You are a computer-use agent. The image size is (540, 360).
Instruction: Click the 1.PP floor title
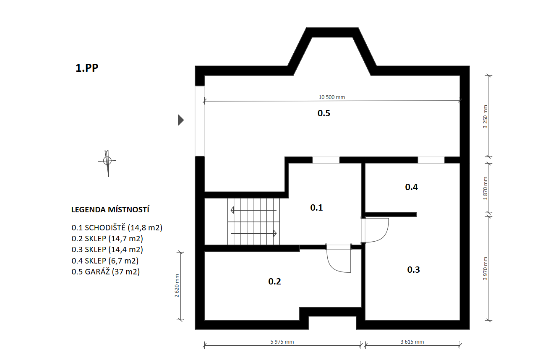coord(87,68)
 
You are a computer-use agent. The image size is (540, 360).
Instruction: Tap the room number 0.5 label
coord(324,113)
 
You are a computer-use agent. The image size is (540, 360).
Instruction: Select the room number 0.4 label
coord(412,187)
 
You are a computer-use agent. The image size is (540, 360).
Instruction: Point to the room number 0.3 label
coord(413,269)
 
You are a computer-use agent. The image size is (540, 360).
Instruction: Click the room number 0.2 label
coord(274,282)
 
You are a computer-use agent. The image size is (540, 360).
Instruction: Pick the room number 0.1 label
coord(316,207)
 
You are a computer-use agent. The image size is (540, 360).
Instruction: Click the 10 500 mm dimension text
coord(332,97)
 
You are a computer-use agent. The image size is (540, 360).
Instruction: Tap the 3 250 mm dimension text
coord(485,117)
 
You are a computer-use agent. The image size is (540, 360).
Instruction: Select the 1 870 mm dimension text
coord(485,188)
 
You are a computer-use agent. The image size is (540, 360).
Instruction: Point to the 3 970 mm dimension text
coord(485,269)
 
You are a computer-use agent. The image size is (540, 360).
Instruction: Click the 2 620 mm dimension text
coord(177,285)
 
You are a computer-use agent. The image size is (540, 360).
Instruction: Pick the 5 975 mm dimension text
coord(282,342)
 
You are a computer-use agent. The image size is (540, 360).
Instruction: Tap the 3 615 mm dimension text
coord(412,342)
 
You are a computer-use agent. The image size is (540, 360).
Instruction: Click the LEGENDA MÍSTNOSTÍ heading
coord(110,209)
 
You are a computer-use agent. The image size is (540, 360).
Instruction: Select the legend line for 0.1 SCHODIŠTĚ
coord(117,227)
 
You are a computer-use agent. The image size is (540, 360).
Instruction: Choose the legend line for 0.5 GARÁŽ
coord(106,272)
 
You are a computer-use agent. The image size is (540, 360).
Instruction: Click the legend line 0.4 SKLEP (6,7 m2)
coord(105,261)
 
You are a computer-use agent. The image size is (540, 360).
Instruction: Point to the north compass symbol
coord(107,162)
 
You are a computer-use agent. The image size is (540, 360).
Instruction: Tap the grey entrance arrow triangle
coord(181,120)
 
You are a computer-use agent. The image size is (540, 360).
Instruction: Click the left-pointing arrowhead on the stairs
coord(232,210)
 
